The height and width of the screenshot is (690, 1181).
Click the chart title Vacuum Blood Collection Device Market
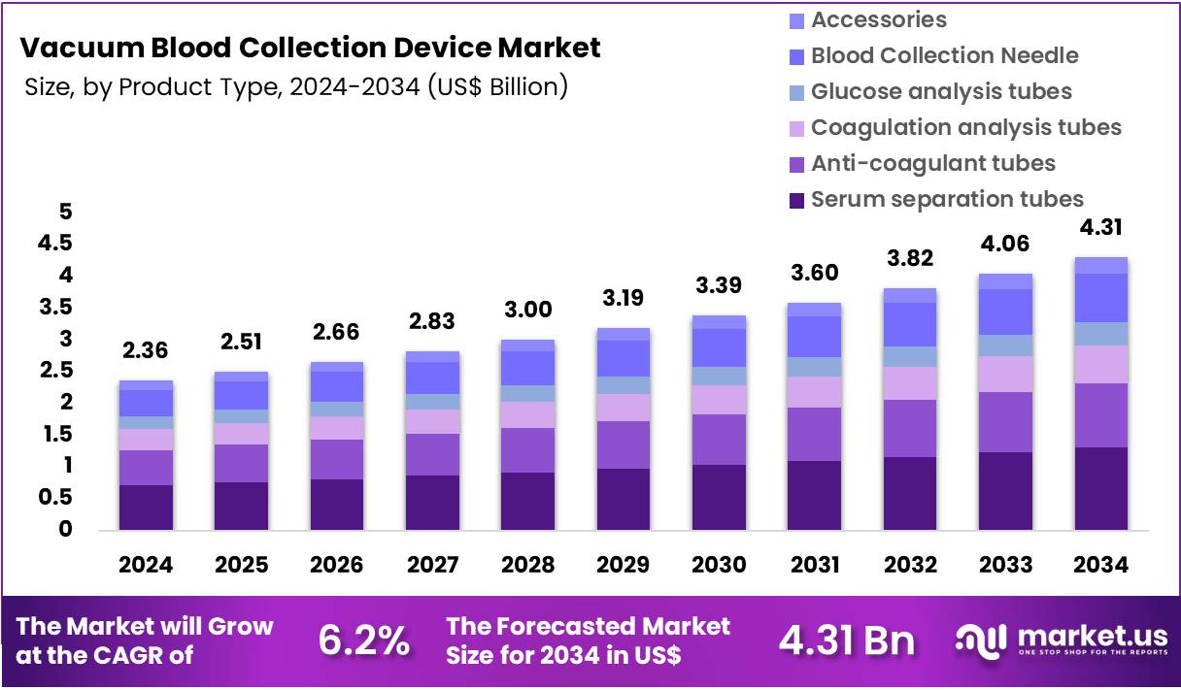[310, 48]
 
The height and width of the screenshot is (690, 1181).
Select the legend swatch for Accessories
[796, 20]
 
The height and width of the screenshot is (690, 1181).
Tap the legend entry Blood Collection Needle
[944, 55]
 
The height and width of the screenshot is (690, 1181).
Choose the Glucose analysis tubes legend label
[941, 91]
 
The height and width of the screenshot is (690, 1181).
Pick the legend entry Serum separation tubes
[947, 199]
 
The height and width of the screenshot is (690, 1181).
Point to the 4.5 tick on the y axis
[54, 243]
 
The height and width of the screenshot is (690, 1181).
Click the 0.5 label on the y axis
[54, 497]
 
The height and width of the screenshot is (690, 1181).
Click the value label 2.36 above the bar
[146, 349]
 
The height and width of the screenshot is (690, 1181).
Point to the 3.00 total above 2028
[527, 310]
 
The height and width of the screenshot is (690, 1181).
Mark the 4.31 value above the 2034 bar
[1100, 227]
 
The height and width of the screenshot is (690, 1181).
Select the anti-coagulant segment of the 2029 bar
[623, 444]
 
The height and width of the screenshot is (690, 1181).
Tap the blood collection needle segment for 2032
[909, 324]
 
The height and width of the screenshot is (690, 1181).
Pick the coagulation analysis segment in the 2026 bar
[336, 427]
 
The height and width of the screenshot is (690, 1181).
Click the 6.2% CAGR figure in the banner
[364, 641]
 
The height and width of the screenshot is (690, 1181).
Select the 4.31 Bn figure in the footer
[846, 641]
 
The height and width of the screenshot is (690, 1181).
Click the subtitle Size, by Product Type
[295, 86]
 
